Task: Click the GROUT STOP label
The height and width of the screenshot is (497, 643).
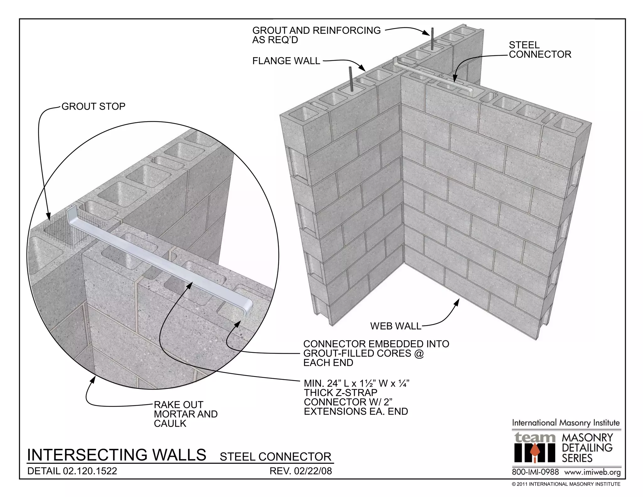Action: point(93,106)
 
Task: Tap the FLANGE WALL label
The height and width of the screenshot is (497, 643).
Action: point(286,61)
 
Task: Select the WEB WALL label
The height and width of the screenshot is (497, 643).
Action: point(396,326)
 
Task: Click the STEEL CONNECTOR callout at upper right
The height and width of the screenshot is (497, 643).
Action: point(540,50)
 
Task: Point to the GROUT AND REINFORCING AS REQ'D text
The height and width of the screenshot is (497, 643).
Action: point(316,35)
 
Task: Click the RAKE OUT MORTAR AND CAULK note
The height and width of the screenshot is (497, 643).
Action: point(185,414)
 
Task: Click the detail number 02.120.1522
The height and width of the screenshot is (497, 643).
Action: point(90,471)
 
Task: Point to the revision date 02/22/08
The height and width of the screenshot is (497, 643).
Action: point(313,471)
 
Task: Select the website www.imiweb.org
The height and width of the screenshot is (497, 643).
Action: point(592,472)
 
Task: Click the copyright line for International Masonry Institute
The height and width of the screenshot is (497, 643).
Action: point(566,484)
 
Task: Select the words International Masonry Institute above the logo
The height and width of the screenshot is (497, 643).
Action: point(566,423)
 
